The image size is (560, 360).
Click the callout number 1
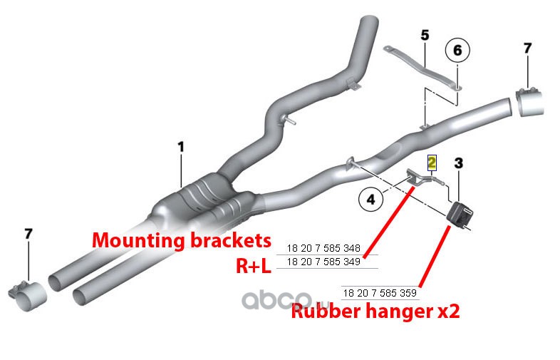pos(181,146)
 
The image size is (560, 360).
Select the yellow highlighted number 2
pos(432,161)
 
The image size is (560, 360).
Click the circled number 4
pos(370,200)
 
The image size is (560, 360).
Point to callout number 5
pos(425,34)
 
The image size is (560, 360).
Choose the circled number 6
pos(457,50)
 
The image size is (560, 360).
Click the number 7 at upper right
pos(527,48)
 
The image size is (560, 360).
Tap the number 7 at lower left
pos(28,234)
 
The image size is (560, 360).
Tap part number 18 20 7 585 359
pos(380,292)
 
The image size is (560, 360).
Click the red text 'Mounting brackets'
pos(182,240)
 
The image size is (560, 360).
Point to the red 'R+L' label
pos(253,265)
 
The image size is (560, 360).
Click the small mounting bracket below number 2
pos(419,178)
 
